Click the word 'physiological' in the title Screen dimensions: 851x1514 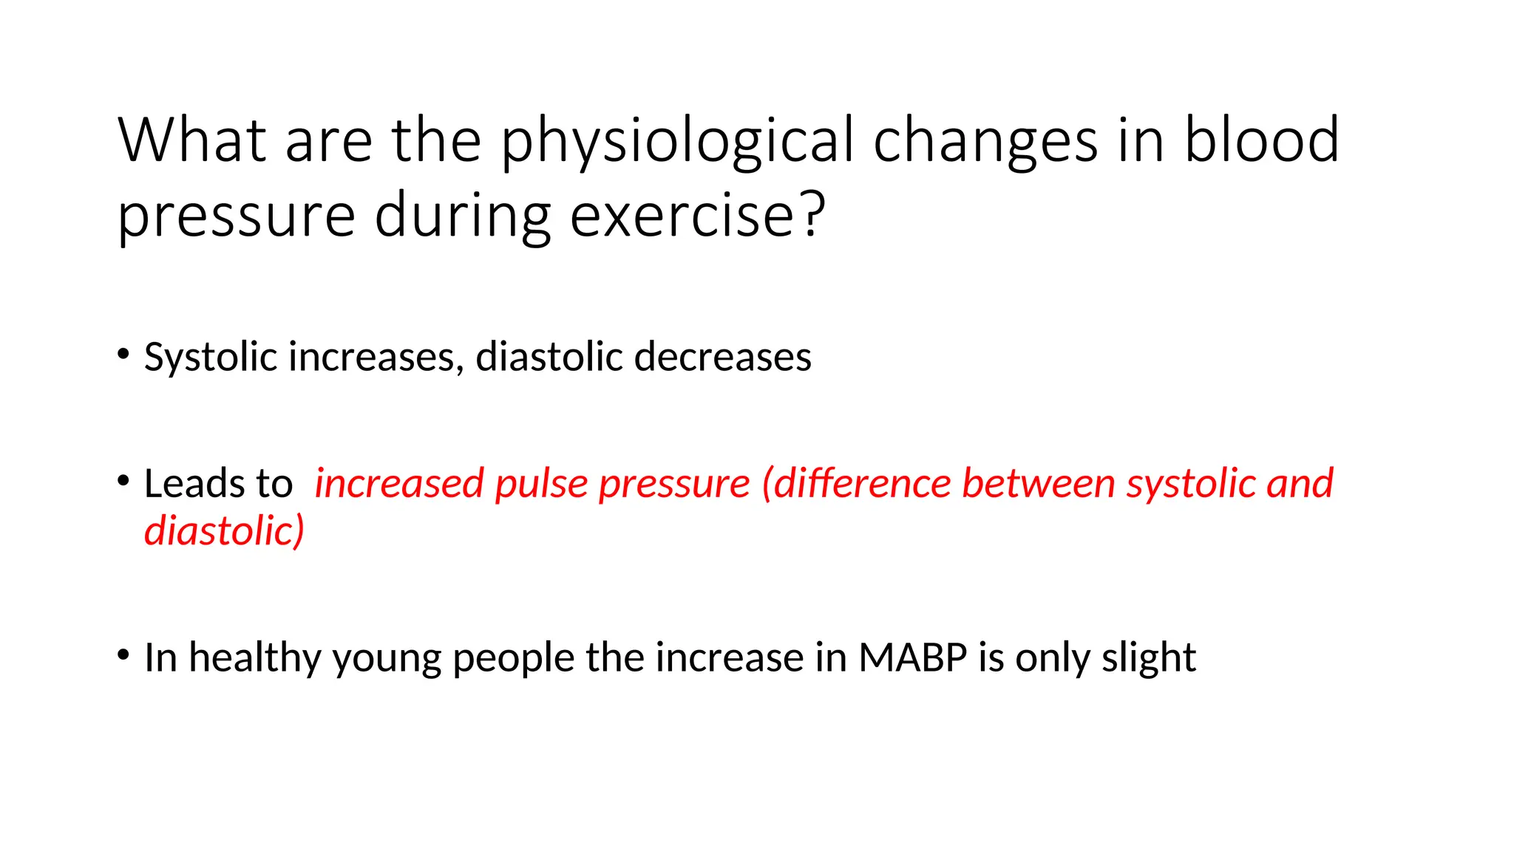tap(676, 143)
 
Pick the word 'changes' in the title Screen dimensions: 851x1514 tap(985, 143)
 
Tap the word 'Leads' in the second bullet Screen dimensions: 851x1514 tap(194, 484)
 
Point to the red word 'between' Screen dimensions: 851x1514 tap(1038, 484)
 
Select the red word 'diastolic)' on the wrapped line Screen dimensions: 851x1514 tap(224, 531)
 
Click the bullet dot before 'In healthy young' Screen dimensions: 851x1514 tap(123, 654)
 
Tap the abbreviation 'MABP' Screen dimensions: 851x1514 tap(912, 657)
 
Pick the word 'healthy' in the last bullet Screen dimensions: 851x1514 tap(254, 657)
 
